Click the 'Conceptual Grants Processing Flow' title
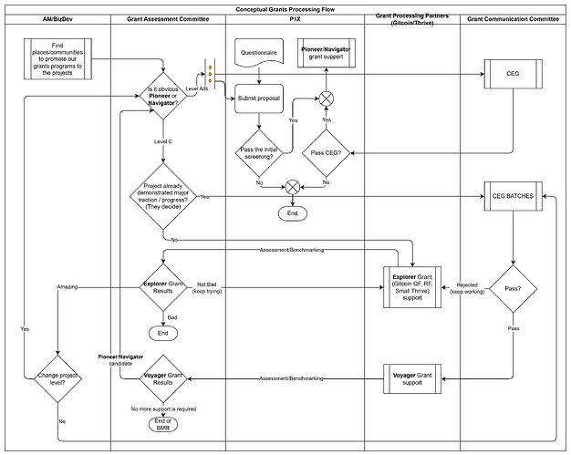coord(285,8)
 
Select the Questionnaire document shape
coord(259,54)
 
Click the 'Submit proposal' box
coord(259,98)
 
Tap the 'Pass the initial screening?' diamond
coord(258,152)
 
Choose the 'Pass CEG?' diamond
coord(325,152)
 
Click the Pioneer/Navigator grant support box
coord(325,53)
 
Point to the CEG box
coord(512,74)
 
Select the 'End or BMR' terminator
coord(163,425)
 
